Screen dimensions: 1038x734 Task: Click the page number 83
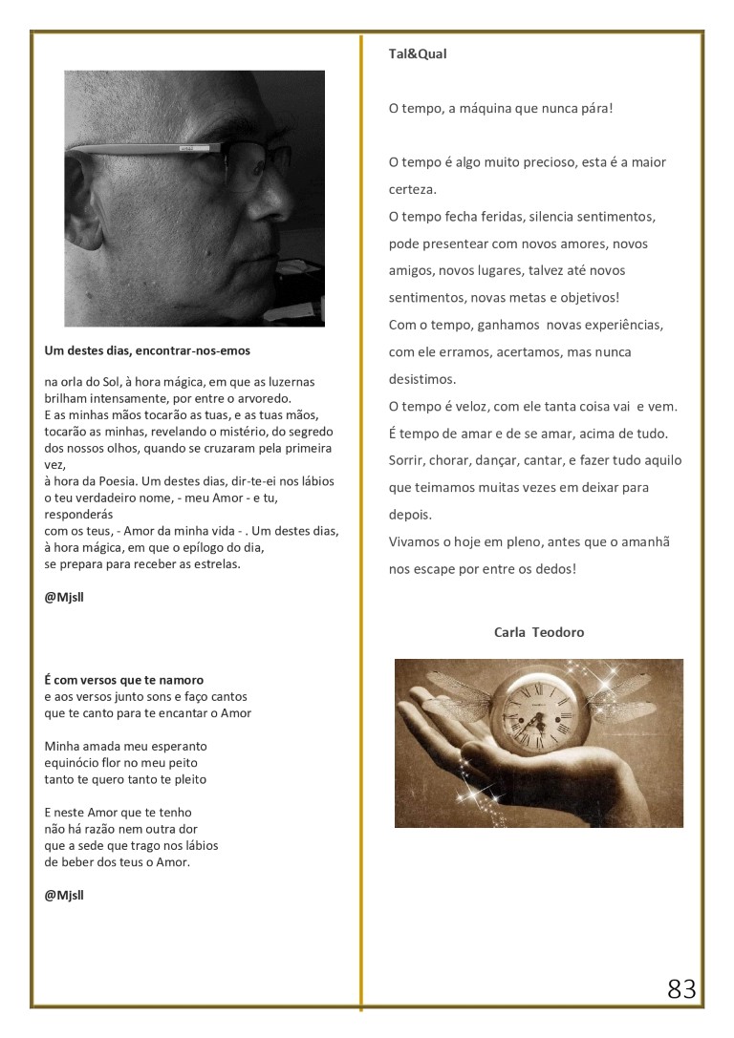pyautogui.click(x=681, y=989)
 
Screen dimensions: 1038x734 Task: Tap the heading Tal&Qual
pyautogui.click(x=418, y=54)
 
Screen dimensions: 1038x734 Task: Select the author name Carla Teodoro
pyautogui.click(x=539, y=632)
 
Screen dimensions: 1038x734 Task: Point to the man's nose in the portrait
pyautogui.click(x=272, y=201)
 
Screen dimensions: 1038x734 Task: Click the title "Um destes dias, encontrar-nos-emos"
pyautogui.click(x=147, y=350)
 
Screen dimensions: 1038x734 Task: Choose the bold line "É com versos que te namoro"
pyautogui.click(x=123, y=681)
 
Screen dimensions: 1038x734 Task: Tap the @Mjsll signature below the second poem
pyautogui.click(x=64, y=895)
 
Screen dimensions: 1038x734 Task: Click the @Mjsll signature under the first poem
pyautogui.click(x=64, y=597)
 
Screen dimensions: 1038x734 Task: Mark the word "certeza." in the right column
pyautogui.click(x=413, y=189)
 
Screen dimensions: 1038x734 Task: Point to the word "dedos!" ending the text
pyautogui.click(x=556, y=569)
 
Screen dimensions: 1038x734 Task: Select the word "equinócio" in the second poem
pyautogui.click(x=75, y=762)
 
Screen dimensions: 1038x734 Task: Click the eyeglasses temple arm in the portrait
pyautogui.click(x=143, y=147)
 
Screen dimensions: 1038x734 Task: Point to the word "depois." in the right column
pyautogui.click(x=410, y=514)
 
